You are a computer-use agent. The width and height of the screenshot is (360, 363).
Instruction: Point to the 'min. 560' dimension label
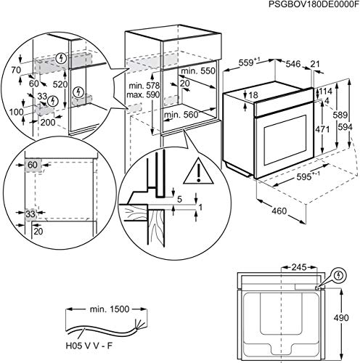tap(181, 115)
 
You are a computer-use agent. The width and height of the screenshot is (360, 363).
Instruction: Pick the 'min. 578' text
tap(144, 85)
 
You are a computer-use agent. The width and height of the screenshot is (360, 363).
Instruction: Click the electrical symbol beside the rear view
tap(337, 276)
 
